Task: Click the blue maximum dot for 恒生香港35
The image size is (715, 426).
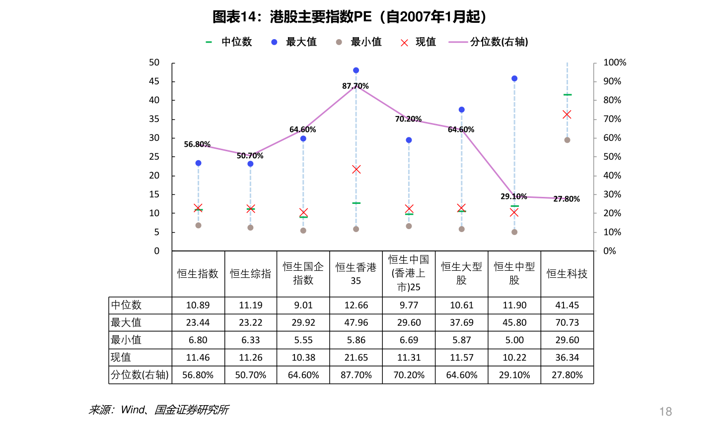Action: click(356, 70)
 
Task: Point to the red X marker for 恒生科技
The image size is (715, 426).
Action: click(567, 115)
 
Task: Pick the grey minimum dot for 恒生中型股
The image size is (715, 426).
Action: click(514, 232)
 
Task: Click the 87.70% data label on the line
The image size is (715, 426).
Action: click(356, 86)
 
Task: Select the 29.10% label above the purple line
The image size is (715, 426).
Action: click(513, 196)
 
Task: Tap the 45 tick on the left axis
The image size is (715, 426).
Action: click(154, 81)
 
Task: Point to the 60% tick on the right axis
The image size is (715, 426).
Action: click(612, 138)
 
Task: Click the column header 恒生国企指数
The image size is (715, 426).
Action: click(303, 273)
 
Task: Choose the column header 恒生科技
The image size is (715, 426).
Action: click(567, 274)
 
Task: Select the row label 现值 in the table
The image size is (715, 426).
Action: click(121, 358)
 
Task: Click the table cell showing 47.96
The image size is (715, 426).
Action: click(356, 322)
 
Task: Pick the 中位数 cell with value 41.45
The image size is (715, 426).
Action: click(567, 305)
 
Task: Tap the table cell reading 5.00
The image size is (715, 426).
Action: click(514, 340)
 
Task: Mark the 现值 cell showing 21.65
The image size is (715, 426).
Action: click(356, 358)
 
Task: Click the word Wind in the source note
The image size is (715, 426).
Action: click(133, 410)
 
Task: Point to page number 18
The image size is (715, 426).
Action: click(665, 411)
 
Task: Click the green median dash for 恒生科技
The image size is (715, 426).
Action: click(567, 95)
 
